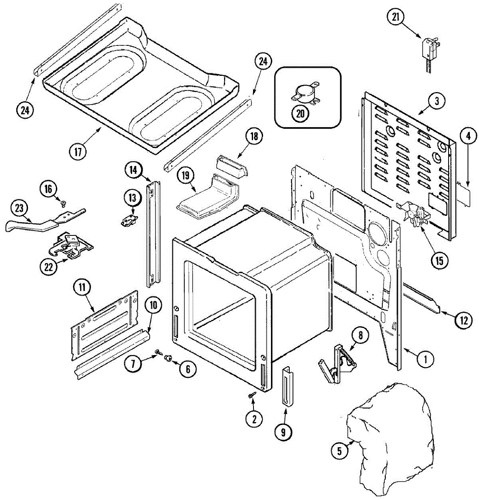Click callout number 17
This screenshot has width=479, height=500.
[78, 151]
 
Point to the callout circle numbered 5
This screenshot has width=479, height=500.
[339, 450]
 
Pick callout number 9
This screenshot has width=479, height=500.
[283, 432]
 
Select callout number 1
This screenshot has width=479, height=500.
[426, 359]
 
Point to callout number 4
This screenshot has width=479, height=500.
[469, 135]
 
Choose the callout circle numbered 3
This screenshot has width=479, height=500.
[436, 100]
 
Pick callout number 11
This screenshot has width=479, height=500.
[82, 287]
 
